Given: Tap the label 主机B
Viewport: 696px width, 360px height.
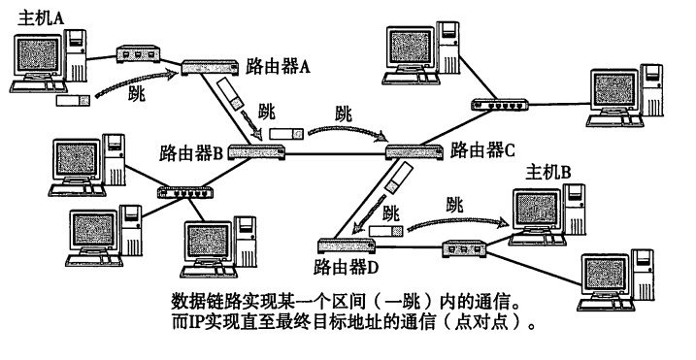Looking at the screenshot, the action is pos(547,172).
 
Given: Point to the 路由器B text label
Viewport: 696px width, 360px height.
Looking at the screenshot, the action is pos(191,152).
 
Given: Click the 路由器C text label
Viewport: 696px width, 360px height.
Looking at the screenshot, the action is pos(482,150).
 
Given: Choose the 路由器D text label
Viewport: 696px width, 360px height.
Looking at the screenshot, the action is pos(346,267).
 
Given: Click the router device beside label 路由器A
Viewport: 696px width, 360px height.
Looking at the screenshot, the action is pos(210,68).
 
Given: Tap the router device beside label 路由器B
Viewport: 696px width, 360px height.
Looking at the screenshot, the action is pos(256,151).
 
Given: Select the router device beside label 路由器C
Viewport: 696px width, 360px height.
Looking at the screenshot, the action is pos(414,152).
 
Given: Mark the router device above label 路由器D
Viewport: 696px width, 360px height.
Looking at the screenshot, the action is pos(347,245).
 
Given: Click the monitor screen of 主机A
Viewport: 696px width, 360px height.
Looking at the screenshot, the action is pos(37,54).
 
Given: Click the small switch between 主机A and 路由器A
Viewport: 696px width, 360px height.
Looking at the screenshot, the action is pos(138,54).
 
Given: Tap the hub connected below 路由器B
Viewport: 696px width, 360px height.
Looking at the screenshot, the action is pos(185,192).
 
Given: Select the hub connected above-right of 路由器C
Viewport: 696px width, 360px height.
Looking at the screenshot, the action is pos(500,105).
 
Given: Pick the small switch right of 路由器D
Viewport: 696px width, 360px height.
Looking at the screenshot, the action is pos(464,248).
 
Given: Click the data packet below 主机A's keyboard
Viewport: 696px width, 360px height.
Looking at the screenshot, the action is pos(73,100).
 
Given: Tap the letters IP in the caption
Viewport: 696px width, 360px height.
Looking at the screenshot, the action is pos(194,322).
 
